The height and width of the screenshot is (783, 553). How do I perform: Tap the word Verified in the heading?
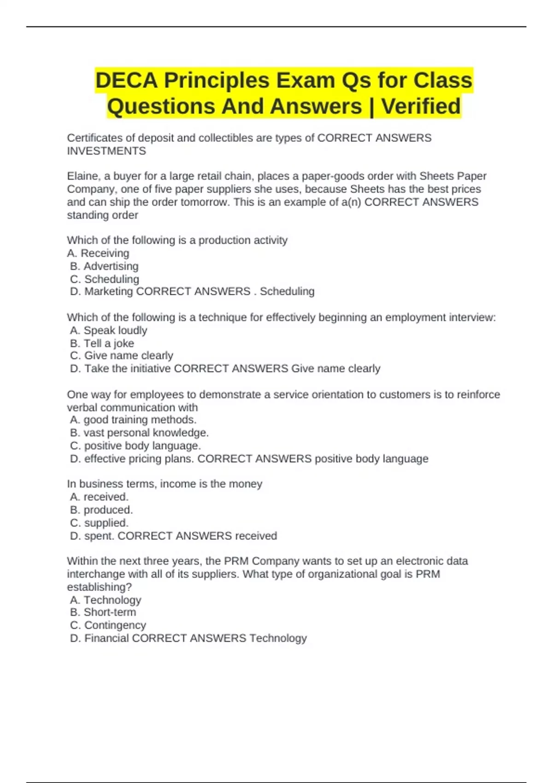421,106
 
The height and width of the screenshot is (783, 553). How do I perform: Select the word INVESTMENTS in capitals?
106,151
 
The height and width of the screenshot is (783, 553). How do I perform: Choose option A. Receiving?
98,253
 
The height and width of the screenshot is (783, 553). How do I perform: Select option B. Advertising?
104,266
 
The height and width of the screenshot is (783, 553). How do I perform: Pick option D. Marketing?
101,292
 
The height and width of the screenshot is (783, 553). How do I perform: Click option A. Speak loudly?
109,330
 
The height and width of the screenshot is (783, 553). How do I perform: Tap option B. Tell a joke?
102,343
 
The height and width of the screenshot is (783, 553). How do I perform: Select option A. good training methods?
133,420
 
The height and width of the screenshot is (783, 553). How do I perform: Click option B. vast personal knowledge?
139,432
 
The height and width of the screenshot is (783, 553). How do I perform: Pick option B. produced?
101,510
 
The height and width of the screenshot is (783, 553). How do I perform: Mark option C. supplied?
100,523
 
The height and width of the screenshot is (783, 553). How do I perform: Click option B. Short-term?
103,612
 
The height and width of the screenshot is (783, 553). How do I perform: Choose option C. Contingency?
108,625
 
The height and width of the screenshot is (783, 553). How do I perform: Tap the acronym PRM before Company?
236,561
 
